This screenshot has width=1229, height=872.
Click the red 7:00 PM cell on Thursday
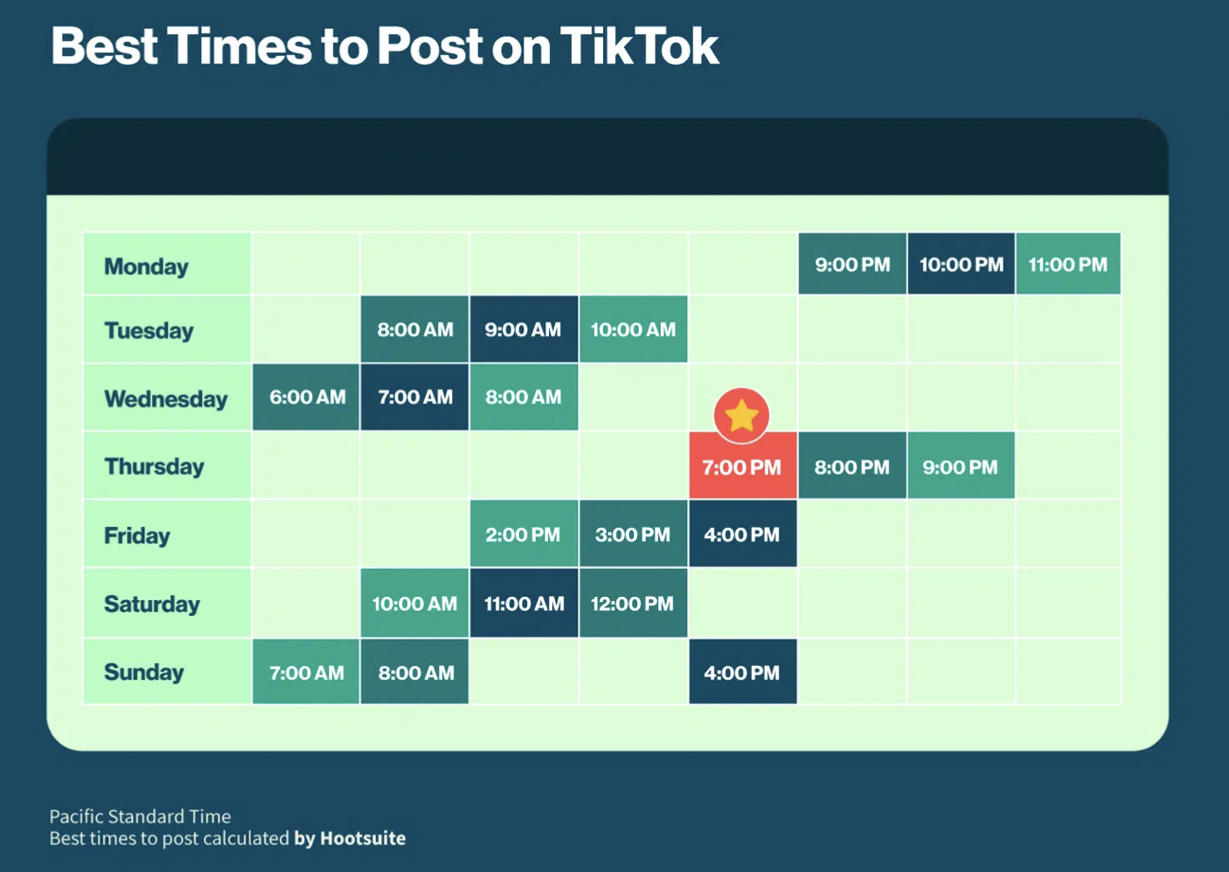click(742, 467)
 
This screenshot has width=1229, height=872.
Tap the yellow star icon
click(741, 415)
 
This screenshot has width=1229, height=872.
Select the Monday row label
click(147, 266)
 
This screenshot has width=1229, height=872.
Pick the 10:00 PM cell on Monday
click(961, 265)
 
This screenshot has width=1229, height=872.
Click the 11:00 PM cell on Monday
click(1067, 265)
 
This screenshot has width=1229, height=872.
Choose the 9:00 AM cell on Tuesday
click(523, 329)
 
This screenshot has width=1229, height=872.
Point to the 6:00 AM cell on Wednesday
click(307, 398)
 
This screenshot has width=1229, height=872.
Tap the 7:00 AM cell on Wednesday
click(415, 398)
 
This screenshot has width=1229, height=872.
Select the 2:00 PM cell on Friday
click(523, 535)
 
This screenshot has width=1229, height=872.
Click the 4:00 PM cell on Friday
click(742, 535)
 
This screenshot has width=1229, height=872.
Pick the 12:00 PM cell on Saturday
click(632, 604)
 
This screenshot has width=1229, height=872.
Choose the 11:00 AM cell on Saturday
click(524, 604)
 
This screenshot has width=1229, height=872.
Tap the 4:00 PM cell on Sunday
click(742, 673)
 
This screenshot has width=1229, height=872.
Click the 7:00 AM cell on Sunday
click(307, 673)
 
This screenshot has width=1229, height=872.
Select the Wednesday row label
click(166, 399)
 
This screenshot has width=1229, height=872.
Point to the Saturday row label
click(152, 604)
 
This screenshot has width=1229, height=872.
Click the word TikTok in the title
click(639, 46)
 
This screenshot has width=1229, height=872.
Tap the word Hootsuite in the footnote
click(363, 839)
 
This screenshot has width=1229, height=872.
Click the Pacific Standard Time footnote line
click(140, 816)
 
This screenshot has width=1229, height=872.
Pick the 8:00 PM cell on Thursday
click(851, 467)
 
